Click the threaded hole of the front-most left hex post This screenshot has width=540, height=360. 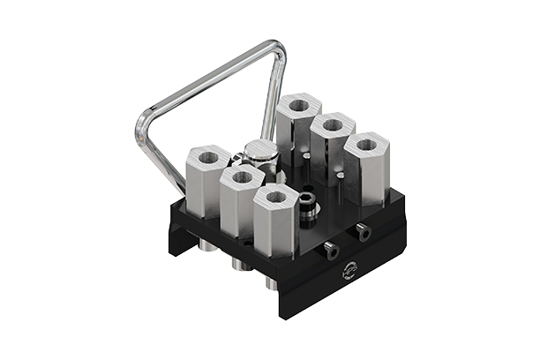tap(276, 197)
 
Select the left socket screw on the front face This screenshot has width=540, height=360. tap(330, 251)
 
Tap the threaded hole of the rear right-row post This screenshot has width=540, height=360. tap(297, 105)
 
